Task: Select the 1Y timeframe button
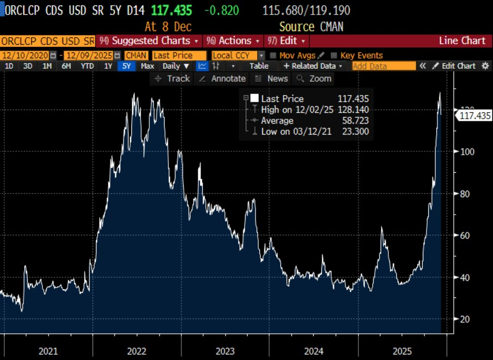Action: [x=108, y=66]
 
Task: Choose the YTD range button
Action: [x=87, y=66]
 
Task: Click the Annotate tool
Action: [x=222, y=78]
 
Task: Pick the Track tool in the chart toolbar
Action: [x=173, y=78]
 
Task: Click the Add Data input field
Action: [x=384, y=66]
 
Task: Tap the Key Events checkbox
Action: [x=334, y=55]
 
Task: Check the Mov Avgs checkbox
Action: [x=273, y=55]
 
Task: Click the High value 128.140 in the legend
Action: [x=353, y=109]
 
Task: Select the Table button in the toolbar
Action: [x=259, y=66]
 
